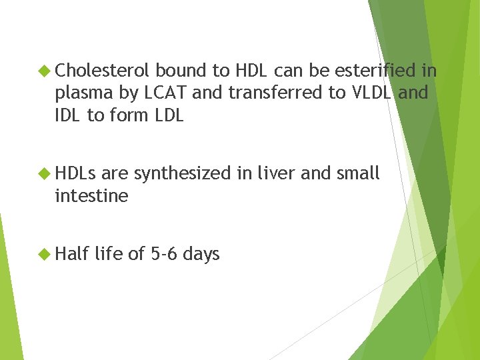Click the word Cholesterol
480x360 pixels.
point(105,71)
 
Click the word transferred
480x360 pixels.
point(275,93)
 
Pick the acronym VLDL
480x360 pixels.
point(369,93)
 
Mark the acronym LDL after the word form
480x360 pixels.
point(166,115)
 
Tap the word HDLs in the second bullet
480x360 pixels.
point(76,174)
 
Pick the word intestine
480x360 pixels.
point(91,196)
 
